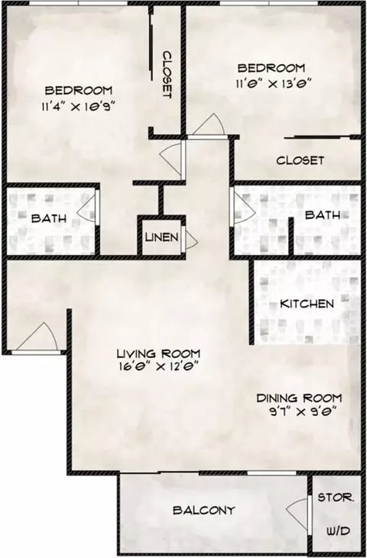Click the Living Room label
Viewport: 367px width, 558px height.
tap(158, 353)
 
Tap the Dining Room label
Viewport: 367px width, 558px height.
tap(298, 398)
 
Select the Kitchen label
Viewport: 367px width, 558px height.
tap(307, 304)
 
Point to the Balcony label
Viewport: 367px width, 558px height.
tap(203, 510)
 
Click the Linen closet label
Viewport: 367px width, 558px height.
tap(162, 237)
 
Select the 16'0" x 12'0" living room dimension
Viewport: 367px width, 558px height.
tap(158, 366)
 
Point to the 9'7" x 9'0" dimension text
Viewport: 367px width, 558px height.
tap(298, 411)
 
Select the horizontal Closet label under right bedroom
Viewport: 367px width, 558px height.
tap(300, 161)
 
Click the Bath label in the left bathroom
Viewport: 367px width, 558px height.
tap(48, 218)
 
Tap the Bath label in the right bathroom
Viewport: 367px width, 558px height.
tap(322, 215)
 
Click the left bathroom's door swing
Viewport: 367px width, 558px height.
tap(89, 207)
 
